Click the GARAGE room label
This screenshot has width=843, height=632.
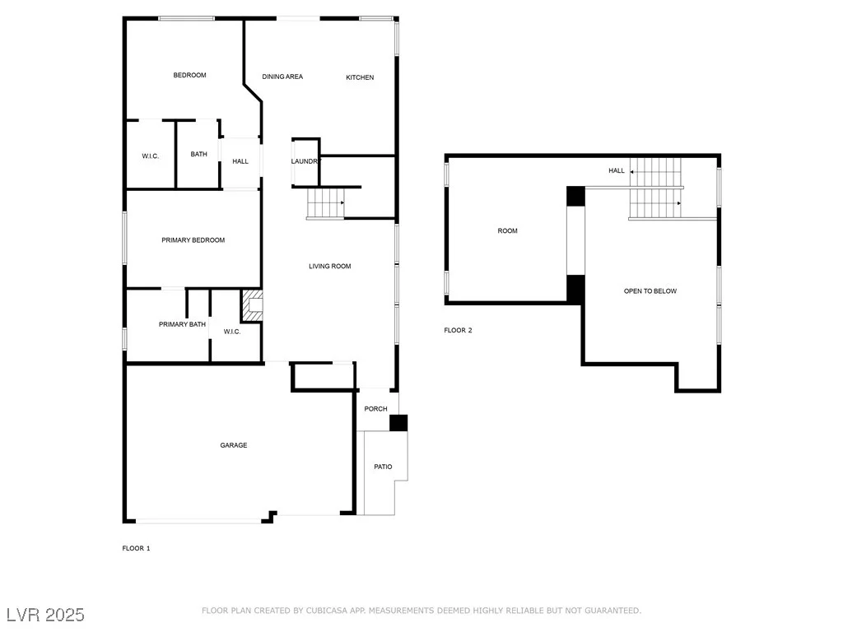233,445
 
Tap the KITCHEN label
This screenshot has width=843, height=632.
360,77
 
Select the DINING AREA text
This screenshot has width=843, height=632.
282,77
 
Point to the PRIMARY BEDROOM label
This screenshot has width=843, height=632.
193,240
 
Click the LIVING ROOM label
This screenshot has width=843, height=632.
329,266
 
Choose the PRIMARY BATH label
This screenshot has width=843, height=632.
182,324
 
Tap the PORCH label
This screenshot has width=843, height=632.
375,409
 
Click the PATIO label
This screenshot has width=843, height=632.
383,467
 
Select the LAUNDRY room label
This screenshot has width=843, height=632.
305,161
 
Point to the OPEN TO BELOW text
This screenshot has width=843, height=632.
650,291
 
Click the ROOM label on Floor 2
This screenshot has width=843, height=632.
507,231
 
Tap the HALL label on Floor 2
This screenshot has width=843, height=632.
617,170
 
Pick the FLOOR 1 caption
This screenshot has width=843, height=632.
136,548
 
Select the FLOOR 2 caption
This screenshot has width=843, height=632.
458,330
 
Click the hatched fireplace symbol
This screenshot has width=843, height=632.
252,306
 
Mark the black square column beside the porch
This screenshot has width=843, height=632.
398,423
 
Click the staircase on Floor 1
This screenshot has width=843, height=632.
326,203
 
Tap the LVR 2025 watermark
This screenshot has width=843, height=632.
45,615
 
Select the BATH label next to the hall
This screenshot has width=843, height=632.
199,154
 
